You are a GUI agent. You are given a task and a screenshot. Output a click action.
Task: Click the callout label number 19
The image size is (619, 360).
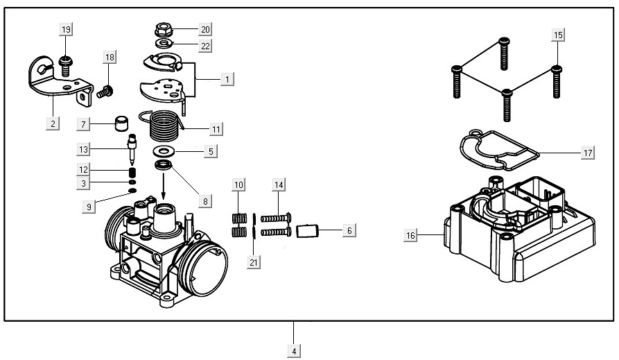point(66,29)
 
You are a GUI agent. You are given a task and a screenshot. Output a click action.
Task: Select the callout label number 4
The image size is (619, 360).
point(294,351)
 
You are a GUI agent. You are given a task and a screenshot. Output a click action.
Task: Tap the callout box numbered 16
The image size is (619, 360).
point(411,236)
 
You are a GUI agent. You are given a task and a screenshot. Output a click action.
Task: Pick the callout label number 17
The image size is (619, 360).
point(587,153)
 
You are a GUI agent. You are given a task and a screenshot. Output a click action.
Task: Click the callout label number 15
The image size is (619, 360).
point(559,35)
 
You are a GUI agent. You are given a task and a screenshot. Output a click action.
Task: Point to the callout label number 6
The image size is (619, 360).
point(349,230)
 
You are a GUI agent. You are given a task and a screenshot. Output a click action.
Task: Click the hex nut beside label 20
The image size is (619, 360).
point(164,30)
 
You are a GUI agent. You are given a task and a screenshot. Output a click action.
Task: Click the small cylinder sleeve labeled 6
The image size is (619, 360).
point(306,230)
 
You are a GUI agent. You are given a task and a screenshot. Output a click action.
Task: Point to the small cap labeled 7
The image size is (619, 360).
point(123,126)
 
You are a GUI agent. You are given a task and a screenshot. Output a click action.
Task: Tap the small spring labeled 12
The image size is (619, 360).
point(130,171)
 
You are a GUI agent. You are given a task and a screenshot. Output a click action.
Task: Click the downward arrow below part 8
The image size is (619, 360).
point(164,185)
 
